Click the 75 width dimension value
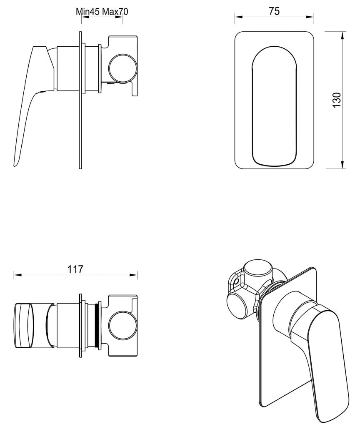point(274,11)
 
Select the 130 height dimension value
point(337,100)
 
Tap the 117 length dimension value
point(75,269)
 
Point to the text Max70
point(115,12)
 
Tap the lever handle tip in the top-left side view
point(16,163)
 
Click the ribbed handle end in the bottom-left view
point(23,325)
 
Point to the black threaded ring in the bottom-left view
point(98,325)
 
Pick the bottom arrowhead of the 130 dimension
point(342,166)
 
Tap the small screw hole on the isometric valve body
point(237,281)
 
